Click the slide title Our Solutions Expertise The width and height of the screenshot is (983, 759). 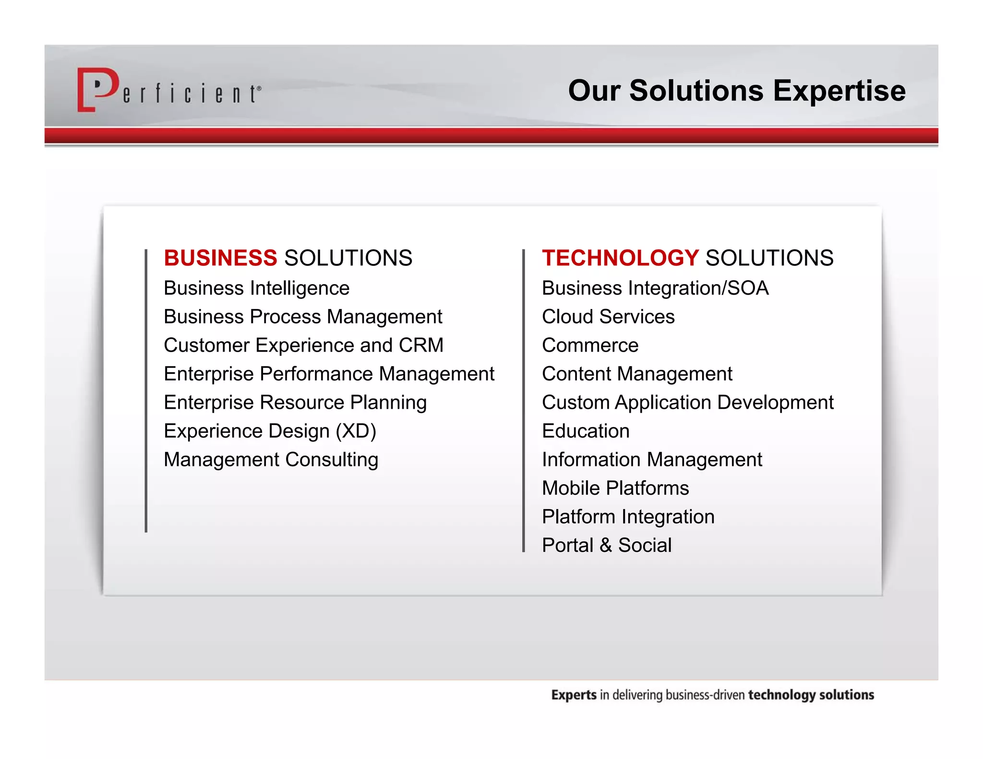736,90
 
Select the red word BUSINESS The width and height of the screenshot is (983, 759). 220,258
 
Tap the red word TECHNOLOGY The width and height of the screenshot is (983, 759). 620,258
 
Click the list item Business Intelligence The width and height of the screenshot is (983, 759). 256,288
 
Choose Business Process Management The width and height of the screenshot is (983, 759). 303,317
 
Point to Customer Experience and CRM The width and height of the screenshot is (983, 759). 303,345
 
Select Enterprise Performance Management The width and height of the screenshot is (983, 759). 329,374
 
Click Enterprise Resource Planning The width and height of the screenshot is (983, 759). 295,403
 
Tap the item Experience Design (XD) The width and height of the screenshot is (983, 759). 270,431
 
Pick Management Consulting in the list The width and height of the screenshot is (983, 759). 271,460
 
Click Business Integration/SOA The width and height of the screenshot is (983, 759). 655,288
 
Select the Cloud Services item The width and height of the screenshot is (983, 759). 608,317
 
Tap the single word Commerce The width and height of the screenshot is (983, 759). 590,345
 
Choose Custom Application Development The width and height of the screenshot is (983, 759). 687,403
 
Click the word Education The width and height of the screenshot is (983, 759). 586,431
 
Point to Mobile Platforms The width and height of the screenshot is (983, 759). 615,488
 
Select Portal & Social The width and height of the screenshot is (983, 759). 607,545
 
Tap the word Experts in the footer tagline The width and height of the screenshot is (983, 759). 574,695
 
